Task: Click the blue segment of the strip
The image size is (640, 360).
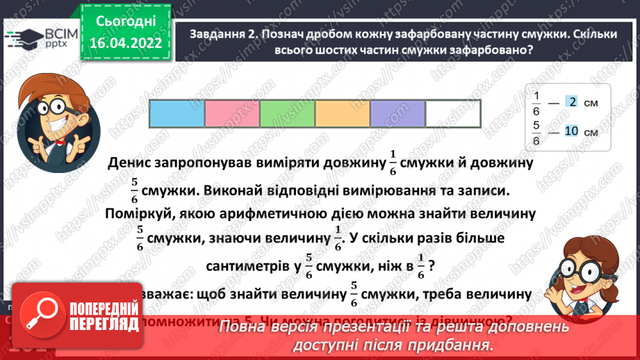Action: tap(177, 114)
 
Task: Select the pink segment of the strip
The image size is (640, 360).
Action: tap(232, 114)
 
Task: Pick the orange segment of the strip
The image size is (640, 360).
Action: tap(342, 114)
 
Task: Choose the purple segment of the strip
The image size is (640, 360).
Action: tap(397, 114)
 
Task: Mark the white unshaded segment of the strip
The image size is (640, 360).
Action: tap(452, 114)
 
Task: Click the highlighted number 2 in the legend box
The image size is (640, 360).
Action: tap(572, 102)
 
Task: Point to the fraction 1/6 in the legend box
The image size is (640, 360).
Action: tap(536, 102)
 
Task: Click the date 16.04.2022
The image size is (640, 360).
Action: tap(125, 43)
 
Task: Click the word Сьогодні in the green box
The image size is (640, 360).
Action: tap(125, 22)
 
